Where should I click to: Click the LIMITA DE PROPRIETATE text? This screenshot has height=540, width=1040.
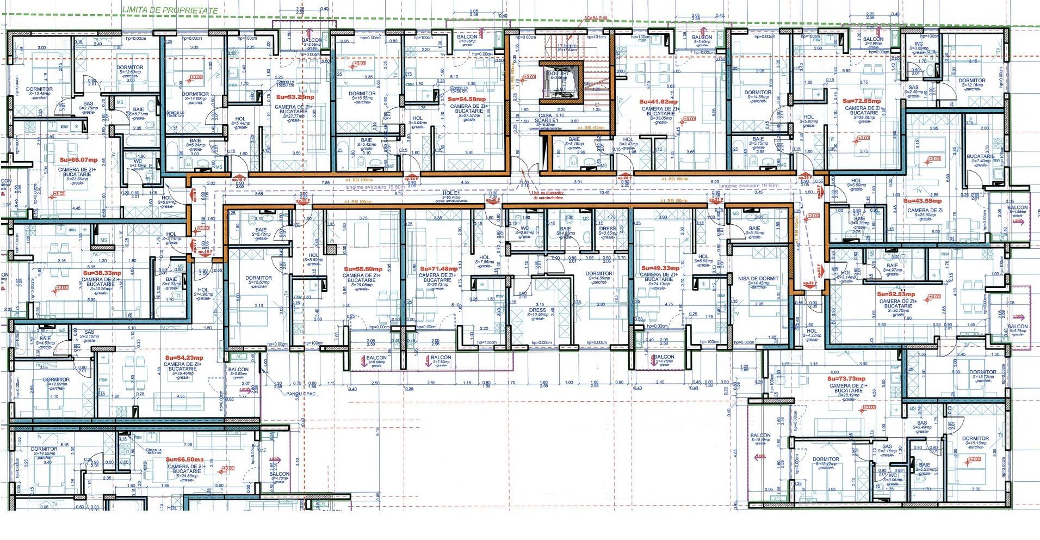pos(170,10)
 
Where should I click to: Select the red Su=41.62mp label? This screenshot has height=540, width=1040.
pos(658,102)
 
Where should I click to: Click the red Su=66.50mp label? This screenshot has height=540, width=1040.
pos(185,460)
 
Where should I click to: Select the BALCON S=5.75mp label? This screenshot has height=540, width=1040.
pos(1017,328)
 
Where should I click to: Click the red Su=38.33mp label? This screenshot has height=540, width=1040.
pos(102,273)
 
